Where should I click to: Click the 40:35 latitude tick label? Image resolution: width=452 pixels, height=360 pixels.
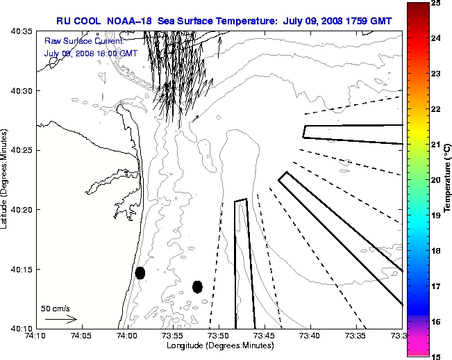(x=22, y=32)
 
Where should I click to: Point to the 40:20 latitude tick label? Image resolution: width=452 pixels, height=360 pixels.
(x=22, y=209)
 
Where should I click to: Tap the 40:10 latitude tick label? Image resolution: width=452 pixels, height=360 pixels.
(x=22, y=328)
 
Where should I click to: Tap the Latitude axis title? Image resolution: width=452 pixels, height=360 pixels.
(x=6, y=179)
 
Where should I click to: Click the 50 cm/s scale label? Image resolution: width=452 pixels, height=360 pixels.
(x=55, y=308)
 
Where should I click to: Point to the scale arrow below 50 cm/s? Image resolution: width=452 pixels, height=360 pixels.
(x=60, y=319)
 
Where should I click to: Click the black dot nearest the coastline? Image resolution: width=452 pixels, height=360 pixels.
(x=140, y=272)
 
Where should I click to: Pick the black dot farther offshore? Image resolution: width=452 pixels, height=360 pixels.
(x=197, y=286)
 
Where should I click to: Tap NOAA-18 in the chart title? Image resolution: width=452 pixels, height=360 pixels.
(x=131, y=22)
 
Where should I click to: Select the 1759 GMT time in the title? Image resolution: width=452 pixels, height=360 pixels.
(x=367, y=22)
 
